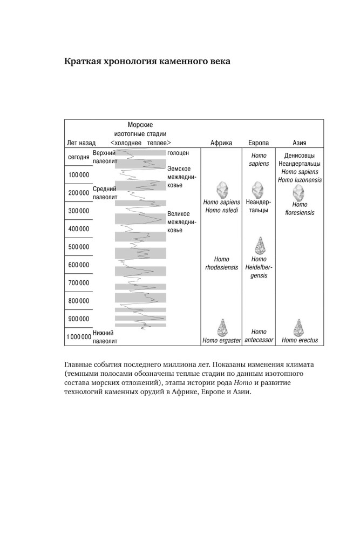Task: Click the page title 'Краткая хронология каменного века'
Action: click(147, 62)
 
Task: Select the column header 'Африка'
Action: click(221, 143)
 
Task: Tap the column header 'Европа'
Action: click(259, 143)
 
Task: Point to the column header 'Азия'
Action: click(300, 143)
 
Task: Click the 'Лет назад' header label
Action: click(81, 143)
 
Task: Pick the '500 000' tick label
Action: click(79, 247)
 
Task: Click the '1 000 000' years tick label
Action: click(79, 337)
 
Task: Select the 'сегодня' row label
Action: click(79, 157)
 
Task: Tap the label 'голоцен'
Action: click(178, 153)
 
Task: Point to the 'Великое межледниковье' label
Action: click(182, 222)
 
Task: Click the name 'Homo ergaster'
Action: click(221, 341)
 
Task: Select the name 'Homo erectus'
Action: click(300, 341)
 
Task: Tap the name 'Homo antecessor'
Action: click(259, 336)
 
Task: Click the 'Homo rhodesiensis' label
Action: click(221, 263)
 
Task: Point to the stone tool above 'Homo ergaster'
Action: click(221, 327)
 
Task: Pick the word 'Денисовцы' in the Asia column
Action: click(300, 156)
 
